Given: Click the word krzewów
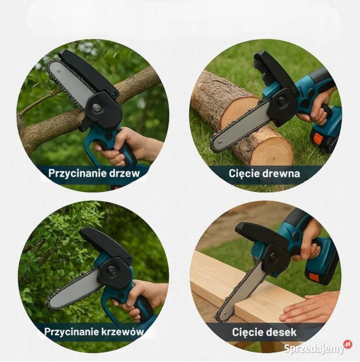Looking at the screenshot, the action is (123, 332).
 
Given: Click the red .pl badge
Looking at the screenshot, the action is (347, 344).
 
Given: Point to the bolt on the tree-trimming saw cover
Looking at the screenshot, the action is (96, 108).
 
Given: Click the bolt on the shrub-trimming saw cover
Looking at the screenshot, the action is (112, 269).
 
